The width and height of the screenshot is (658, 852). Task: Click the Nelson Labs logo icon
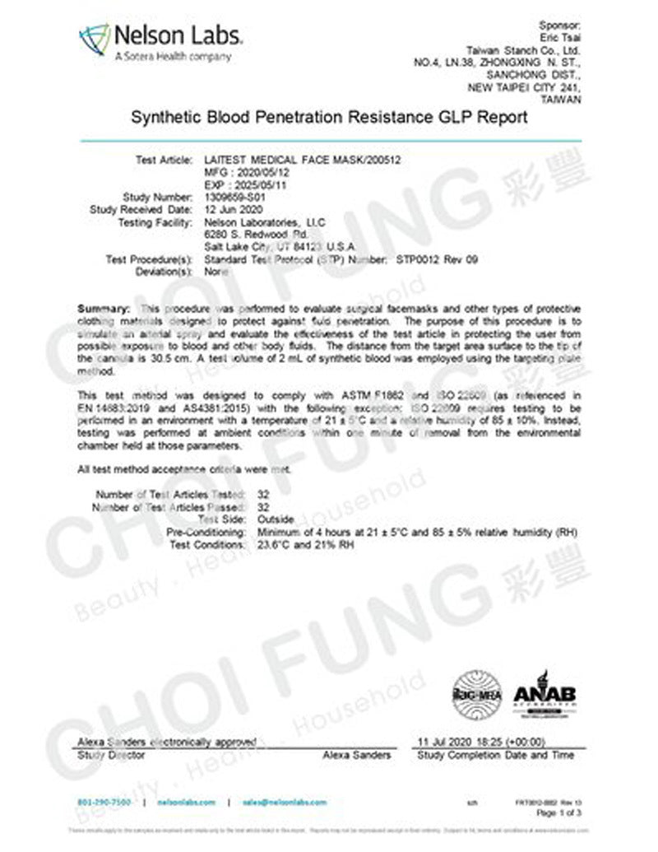tap(94, 39)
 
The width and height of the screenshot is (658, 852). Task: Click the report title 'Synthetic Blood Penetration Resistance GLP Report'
tap(329, 117)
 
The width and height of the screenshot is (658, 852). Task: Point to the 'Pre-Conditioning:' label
tap(205, 533)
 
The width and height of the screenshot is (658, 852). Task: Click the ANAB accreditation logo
tap(544, 691)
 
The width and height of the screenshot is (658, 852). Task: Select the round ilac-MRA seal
tap(476, 695)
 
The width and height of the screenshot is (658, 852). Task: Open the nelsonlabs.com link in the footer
tap(185, 802)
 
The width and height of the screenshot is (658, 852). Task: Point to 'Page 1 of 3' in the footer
tap(558, 812)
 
